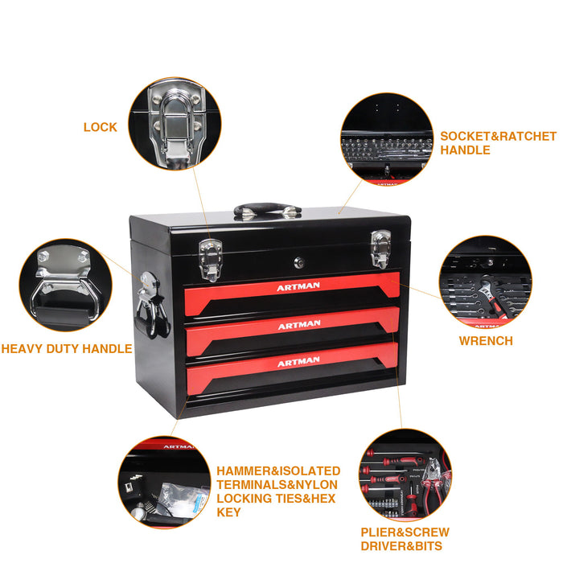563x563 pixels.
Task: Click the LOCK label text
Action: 100,127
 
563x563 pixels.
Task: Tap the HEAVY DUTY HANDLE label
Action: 66,349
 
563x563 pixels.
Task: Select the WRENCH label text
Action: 485,341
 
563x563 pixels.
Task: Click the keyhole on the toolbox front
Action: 298,261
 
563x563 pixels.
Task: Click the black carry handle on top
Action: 267,211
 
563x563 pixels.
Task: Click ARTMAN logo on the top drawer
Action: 298,287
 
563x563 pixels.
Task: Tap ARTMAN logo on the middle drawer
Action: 298,325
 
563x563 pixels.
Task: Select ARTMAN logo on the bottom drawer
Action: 298,363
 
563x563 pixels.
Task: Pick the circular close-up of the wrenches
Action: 485,281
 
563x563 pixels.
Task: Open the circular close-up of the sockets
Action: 387,139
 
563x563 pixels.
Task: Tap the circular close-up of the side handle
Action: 65,284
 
